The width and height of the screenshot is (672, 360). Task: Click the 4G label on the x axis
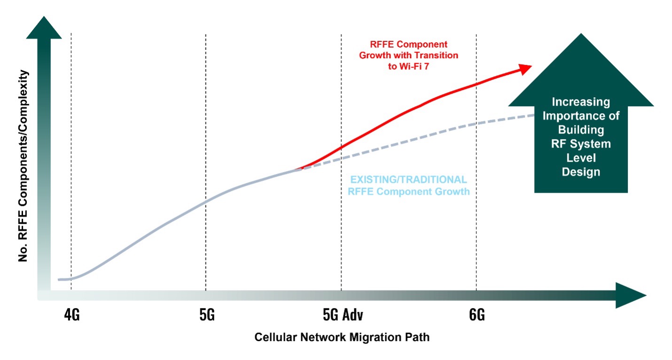pyautogui.click(x=72, y=315)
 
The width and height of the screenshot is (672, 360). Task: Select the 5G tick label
pyautogui.click(x=207, y=315)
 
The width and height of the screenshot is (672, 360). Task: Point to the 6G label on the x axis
pyautogui.click(x=477, y=315)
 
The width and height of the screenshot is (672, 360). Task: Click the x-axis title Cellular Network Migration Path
pyautogui.click(x=342, y=337)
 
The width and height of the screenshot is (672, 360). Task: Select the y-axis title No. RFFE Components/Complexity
pyautogui.click(x=22, y=167)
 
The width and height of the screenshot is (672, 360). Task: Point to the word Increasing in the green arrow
pyautogui.click(x=581, y=102)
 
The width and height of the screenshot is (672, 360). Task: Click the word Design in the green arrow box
pyautogui.click(x=581, y=172)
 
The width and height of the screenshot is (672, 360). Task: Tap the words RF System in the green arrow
pyautogui.click(x=581, y=144)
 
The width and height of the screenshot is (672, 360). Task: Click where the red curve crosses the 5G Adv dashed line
pyautogui.click(x=341, y=147)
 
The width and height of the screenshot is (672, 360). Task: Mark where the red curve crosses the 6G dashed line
pyautogui.click(x=477, y=85)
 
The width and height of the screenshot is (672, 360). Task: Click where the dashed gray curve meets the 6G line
pyautogui.click(x=477, y=124)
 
